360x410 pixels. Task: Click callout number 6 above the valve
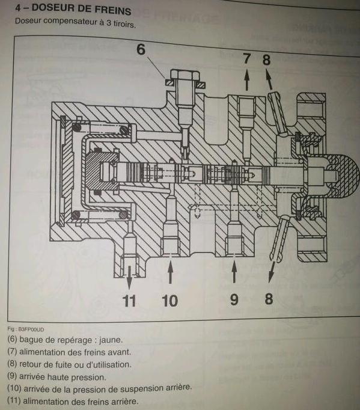141,49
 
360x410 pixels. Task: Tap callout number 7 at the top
246,58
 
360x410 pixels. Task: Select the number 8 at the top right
266,60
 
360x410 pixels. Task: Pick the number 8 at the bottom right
269,299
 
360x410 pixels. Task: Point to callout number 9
234,299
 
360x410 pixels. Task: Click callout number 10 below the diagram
170,301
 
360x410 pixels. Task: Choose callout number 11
129,301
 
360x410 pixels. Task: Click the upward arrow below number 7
246,80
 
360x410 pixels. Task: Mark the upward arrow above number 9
234,272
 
